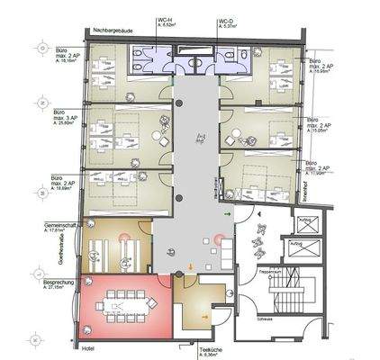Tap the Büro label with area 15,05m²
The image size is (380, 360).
(318, 122)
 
